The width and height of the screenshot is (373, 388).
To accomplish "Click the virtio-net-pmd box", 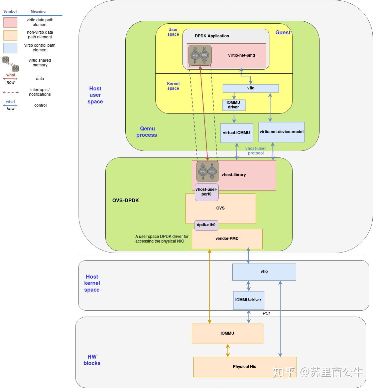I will (241, 55).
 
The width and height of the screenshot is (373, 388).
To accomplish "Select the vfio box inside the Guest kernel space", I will (251, 88).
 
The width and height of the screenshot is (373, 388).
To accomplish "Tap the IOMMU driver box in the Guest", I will (234, 105).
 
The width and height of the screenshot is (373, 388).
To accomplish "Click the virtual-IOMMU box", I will (236, 133).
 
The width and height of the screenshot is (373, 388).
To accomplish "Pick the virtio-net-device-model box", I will (281, 132).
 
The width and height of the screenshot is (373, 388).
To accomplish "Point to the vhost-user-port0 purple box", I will (207, 192).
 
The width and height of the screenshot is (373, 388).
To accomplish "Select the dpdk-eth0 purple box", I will (206, 225).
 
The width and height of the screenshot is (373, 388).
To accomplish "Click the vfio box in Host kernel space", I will (264, 272).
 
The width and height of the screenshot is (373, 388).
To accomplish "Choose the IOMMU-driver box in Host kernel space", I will (248, 300).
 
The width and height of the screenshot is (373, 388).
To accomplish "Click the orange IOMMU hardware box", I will (227, 333).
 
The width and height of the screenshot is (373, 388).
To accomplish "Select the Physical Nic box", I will (245, 367).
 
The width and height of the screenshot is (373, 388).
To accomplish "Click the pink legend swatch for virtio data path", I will (10, 22).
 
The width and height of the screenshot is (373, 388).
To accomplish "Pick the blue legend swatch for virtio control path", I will (10, 48).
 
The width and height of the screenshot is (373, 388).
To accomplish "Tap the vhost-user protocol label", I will (256, 151).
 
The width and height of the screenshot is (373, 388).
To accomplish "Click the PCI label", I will (266, 314).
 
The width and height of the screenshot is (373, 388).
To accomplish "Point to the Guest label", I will (283, 32).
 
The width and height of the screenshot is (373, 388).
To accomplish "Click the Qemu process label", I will (147, 132).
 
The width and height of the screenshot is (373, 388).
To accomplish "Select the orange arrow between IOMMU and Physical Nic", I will (228, 350).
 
